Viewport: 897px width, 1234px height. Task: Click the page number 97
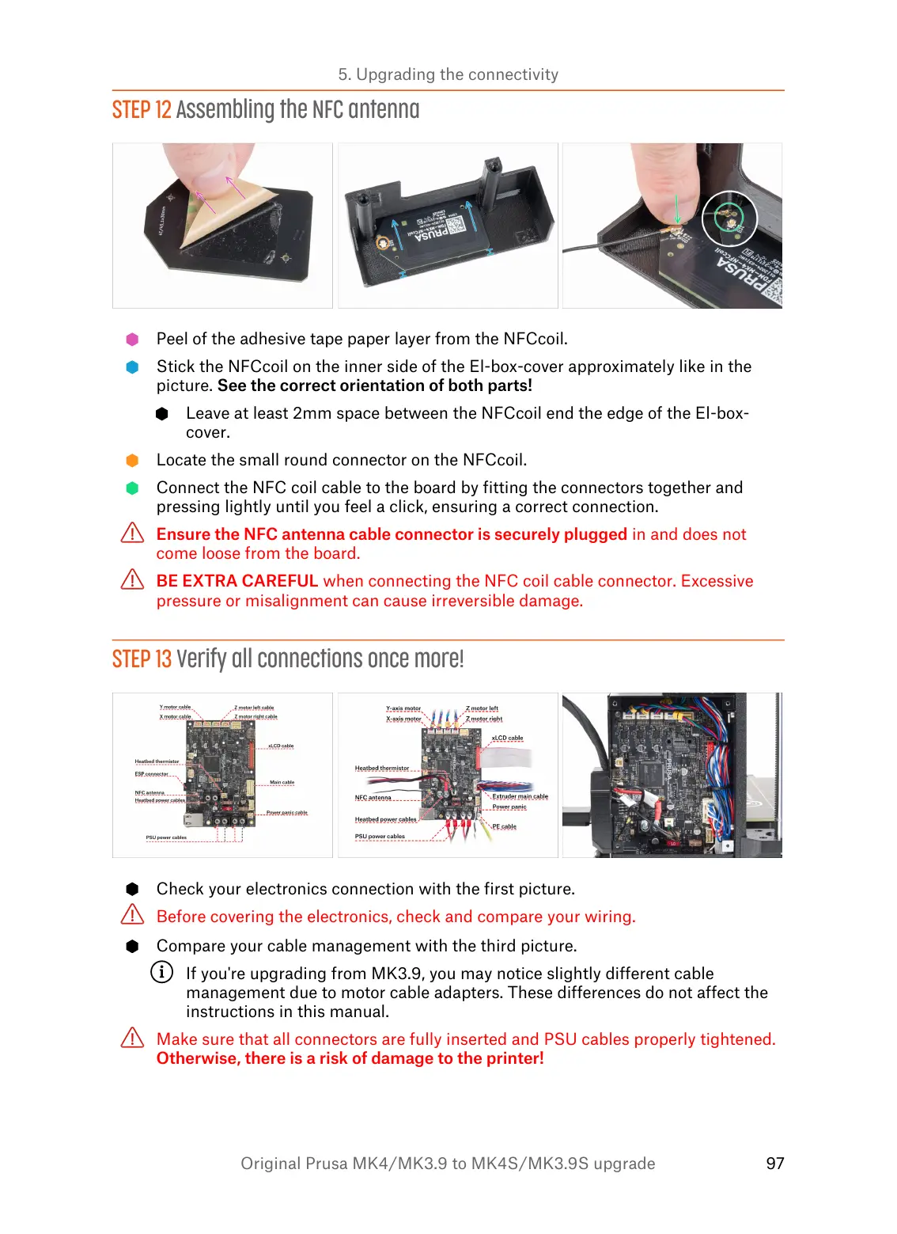pos(774,1163)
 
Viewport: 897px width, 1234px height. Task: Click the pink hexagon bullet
pos(132,340)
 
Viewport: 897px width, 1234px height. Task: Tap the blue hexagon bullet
pos(132,367)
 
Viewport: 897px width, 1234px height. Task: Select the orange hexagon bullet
pos(132,461)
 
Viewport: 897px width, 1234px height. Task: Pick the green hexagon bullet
pos(132,488)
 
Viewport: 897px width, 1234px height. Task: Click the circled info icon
pos(161,972)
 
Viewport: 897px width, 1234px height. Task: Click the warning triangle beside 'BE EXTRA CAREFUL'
pos(132,580)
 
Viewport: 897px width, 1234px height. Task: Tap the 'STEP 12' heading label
pos(142,110)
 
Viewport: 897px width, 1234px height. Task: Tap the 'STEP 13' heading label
pos(142,659)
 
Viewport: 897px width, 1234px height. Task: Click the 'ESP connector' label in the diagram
pos(151,774)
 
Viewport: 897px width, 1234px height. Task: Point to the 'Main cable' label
pos(282,782)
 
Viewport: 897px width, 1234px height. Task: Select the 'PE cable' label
pos(504,826)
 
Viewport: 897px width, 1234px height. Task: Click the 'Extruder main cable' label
pos(520,796)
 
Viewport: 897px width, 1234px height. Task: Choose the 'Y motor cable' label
pos(175,707)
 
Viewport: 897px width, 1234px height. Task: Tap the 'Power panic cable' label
pos(286,812)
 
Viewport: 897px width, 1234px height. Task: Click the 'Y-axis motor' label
pos(403,708)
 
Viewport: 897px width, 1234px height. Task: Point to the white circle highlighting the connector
pos(729,218)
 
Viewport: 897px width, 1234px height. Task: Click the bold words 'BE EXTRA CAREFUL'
pos(237,581)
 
